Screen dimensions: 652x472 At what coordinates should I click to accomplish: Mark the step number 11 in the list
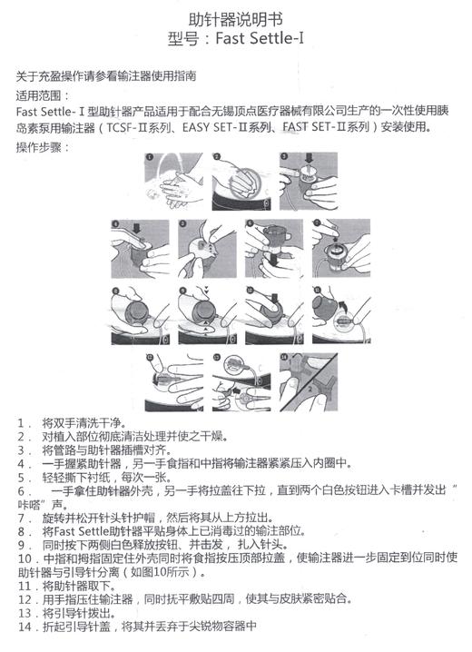pyautogui.click(x=25, y=587)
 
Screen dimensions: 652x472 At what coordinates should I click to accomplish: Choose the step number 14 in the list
pyautogui.click(x=25, y=626)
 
